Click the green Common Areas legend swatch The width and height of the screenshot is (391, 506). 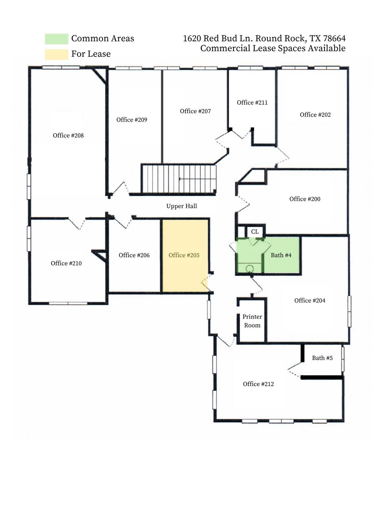coord(56,39)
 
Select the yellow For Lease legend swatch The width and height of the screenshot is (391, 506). coord(56,54)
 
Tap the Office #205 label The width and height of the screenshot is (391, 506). coord(184,255)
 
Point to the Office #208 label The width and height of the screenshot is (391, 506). coord(68,135)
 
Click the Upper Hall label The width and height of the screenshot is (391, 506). coord(182,206)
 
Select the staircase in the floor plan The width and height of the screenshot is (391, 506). coord(179,179)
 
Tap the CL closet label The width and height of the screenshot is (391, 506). coord(255,232)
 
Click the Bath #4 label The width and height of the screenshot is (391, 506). coord(281,255)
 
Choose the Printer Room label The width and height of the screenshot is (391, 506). coord(252,321)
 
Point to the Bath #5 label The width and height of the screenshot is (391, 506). coord(322,358)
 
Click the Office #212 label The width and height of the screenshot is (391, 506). coord(258,384)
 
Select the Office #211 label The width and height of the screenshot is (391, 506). coord(252,103)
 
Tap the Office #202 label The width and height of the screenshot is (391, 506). coord(315,115)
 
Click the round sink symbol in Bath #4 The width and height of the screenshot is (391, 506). coord(249,268)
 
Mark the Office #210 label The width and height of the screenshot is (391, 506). coord(66,263)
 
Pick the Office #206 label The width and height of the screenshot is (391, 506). coord(134,255)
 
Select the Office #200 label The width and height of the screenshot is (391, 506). coord(305,199)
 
